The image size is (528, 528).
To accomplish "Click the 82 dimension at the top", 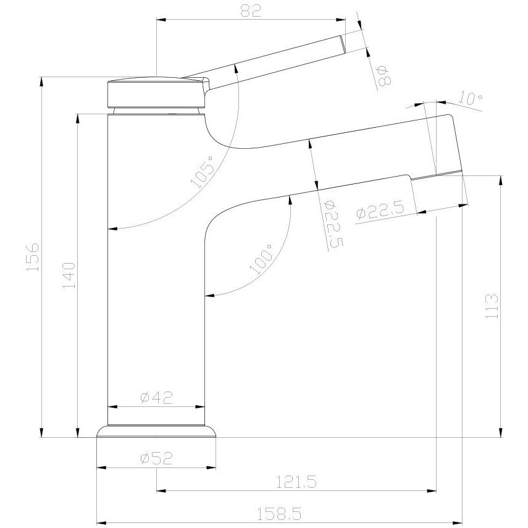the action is tap(251, 10).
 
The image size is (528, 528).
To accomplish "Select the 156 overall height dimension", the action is tap(33, 256).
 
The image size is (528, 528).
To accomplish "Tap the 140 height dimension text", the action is tap(69, 275).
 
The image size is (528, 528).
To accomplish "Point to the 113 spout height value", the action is tap(492, 306).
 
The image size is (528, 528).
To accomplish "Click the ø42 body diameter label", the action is tap(156, 398).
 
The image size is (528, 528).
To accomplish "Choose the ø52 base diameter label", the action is tap(156, 458).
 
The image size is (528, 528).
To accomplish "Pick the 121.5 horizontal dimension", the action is tap(296, 482).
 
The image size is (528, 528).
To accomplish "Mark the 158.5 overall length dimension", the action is tap(279, 514).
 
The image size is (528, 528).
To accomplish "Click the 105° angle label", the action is tap(203, 172).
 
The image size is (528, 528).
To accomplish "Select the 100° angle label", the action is tap(261, 259).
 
